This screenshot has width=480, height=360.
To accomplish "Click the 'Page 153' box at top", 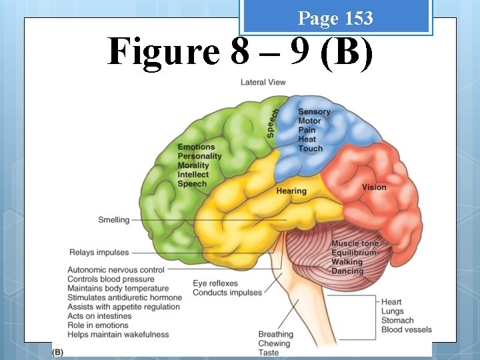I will tap(335, 18).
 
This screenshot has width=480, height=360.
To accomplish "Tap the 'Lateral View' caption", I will tap(263, 83).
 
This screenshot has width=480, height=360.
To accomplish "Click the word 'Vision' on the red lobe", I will tap(374, 187).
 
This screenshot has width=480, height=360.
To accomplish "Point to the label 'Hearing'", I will tap(291, 191).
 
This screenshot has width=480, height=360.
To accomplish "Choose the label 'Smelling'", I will tap(113, 220).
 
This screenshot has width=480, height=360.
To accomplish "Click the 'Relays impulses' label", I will tap(99, 253).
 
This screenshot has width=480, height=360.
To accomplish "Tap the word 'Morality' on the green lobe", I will tap(193, 165).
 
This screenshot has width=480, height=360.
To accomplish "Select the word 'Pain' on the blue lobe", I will tap(307, 130).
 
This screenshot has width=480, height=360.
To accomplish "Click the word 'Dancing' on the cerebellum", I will tap(347, 271).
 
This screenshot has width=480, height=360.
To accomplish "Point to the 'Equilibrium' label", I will tap(354, 253).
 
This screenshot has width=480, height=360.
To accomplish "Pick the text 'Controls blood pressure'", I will tap(111, 279).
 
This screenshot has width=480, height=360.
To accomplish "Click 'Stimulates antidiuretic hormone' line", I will tap(125, 297).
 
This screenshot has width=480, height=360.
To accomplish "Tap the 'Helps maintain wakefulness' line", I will tap(118, 335).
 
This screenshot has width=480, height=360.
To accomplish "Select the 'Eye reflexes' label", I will tap(215, 283).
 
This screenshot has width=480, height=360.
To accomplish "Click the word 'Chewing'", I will tap(274, 344).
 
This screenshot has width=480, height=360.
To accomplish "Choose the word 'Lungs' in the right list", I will tap(393, 311).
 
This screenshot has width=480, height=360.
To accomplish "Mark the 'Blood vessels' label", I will tap(407, 329).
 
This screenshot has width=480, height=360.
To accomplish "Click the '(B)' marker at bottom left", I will tap(57, 351).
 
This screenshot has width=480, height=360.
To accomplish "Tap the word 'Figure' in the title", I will tap(163, 51).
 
